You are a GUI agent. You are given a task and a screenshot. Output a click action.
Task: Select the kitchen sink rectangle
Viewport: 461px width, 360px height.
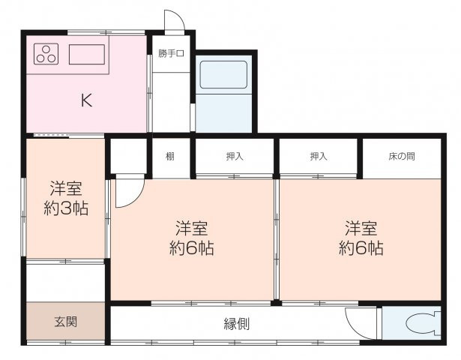tap(87, 54)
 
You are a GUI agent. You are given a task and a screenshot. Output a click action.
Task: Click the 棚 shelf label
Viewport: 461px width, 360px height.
tap(171, 156)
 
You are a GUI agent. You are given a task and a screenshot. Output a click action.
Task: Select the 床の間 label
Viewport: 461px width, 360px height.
tap(402, 156)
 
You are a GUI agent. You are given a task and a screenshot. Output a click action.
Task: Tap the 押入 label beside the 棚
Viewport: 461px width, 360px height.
tap(235, 156)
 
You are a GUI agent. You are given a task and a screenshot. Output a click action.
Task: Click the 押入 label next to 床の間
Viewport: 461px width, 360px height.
tap(319, 156)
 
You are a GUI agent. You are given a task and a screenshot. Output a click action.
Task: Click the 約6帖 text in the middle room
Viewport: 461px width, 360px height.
tap(192, 248)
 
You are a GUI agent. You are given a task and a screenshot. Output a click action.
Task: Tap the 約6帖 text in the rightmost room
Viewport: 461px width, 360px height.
tap(361, 248)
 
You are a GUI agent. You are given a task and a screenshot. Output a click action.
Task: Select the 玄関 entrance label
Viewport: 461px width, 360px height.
tap(64, 322)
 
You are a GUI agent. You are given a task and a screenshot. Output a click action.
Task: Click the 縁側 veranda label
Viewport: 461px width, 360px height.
tap(237, 324)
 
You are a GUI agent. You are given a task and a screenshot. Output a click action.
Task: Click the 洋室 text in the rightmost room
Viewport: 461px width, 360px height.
tap(361, 227)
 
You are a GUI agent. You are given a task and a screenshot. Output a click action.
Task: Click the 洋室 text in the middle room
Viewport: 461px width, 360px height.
tap(192, 227)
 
